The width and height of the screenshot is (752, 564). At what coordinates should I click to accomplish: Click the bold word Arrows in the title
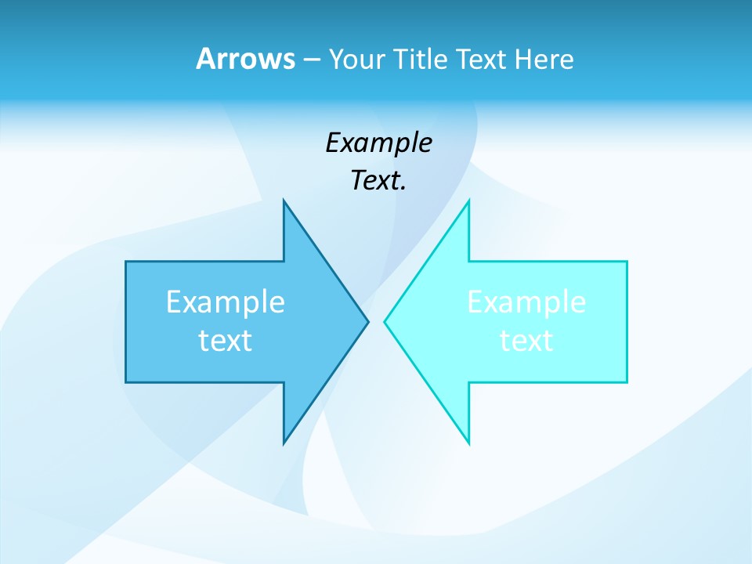coord(244,59)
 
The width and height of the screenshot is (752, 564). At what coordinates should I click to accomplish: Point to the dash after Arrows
coord(310,60)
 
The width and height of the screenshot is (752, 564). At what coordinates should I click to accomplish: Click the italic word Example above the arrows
coord(378,143)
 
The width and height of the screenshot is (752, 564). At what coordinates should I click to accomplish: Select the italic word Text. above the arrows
coord(378,181)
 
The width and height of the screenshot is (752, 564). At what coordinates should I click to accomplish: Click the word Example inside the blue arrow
coord(226,302)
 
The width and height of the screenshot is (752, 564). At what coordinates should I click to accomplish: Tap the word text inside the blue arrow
coord(226,341)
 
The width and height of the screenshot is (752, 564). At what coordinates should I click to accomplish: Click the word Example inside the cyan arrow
coord(526,302)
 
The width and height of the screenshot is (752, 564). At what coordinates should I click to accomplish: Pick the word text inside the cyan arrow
coord(526,341)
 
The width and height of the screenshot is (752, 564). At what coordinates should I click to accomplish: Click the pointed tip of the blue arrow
coord(367,321)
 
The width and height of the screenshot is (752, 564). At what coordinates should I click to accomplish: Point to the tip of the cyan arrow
coord(385,321)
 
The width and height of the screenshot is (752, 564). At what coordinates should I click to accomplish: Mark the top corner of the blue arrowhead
coord(284,201)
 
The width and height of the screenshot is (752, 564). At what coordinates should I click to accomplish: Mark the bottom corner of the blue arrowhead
coord(284,443)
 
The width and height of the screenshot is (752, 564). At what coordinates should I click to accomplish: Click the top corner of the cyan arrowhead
coord(468,201)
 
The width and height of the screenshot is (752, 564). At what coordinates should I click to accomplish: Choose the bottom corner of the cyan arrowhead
coord(468,443)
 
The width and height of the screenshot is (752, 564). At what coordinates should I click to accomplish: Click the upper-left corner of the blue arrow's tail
coord(126,262)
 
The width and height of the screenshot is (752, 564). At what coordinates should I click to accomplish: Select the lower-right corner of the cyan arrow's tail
coord(627,381)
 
